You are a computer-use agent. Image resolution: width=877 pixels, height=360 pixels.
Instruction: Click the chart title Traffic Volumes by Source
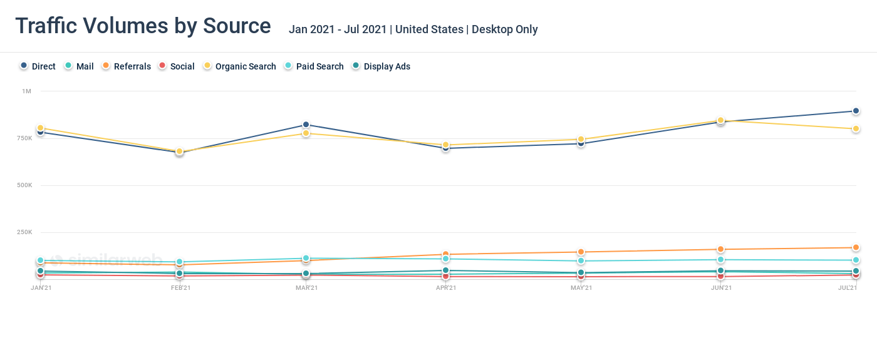(143, 26)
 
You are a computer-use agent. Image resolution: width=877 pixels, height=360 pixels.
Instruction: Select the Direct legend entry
(38, 66)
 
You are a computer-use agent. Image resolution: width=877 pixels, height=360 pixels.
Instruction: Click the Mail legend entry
(79, 66)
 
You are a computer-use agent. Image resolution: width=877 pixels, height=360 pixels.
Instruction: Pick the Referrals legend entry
(126, 66)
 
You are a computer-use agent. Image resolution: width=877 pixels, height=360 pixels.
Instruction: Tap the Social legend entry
(176, 66)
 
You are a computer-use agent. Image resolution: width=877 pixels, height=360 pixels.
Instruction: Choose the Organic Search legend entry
(239, 66)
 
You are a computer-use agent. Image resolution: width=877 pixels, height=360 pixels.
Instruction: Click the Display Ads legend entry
(381, 66)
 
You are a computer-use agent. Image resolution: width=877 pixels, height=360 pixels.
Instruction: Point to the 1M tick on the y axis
(26, 91)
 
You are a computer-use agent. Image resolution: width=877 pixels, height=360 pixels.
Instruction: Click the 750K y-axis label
(23, 138)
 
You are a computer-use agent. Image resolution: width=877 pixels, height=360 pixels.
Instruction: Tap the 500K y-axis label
(23, 185)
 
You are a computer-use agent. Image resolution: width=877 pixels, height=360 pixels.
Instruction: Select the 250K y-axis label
(23, 232)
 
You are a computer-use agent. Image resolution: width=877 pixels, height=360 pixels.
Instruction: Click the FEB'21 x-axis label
(180, 288)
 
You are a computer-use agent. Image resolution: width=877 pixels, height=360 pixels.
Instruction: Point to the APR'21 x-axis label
(445, 288)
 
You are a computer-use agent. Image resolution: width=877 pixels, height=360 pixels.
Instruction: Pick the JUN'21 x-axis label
(721, 288)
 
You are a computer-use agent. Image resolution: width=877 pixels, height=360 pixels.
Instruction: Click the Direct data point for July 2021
(856, 111)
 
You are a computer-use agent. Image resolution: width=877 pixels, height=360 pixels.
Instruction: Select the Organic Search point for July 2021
(856, 129)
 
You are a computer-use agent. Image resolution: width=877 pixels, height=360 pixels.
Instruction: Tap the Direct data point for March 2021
(306, 125)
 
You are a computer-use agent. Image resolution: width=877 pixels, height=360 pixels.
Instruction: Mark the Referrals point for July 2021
(856, 248)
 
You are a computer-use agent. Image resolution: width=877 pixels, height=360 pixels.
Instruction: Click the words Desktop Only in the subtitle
(505, 29)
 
